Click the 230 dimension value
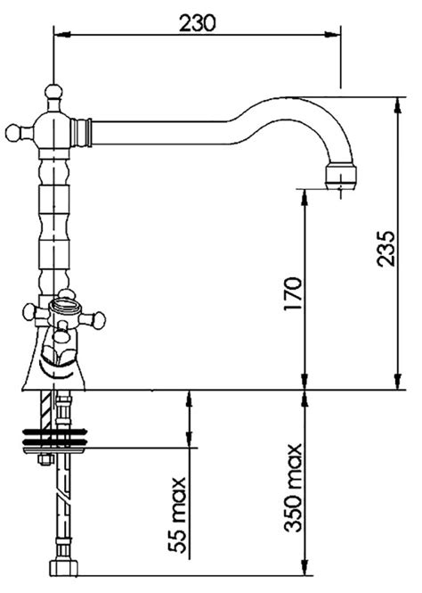click(197, 22)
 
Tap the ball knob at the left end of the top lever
click(12, 134)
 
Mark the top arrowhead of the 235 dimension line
click(394, 105)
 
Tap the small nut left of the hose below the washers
click(41, 460)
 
